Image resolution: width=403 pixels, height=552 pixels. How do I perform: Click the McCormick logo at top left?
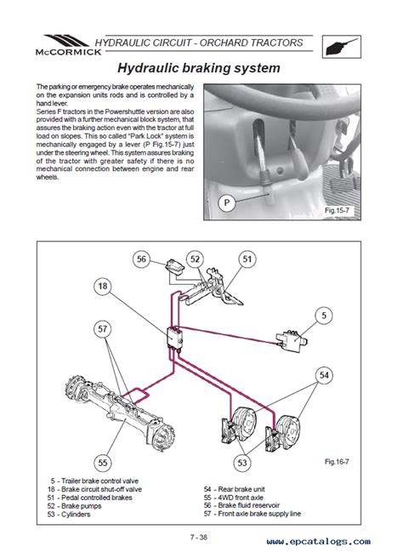point(68,45)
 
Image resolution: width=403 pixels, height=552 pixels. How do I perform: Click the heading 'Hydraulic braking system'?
point(199,68)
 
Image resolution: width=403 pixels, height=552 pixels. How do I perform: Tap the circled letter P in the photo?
point(227,202)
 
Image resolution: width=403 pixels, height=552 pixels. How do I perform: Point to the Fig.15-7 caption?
point(337,210)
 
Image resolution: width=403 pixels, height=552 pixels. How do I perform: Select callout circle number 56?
point(141,259)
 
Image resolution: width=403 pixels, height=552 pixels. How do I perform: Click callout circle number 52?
point(195,259)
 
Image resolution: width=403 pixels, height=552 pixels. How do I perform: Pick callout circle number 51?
point(247,259)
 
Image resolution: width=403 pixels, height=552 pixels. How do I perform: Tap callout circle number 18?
point(102,286)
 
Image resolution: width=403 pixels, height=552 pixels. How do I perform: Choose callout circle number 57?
point(102,329)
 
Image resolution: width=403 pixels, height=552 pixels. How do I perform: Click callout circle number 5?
point(324,315)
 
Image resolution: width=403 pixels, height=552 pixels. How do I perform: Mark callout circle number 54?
point(324,375)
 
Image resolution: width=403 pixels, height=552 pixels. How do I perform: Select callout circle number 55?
point(102,462)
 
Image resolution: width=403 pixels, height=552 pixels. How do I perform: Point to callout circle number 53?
point(242,462)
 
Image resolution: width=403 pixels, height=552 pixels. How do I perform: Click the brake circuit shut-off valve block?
point(175,339)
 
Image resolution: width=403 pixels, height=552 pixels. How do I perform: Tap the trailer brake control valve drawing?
point(292,341)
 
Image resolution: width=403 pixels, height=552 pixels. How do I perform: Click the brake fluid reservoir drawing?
point(174,265)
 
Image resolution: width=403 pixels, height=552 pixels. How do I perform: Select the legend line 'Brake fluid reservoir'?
point(241,505)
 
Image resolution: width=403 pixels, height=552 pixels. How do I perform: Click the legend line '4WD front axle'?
point(233,498)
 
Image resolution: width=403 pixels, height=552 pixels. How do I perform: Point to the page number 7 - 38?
point(199,538)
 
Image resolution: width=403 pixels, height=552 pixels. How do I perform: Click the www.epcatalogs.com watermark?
point(319,542)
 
